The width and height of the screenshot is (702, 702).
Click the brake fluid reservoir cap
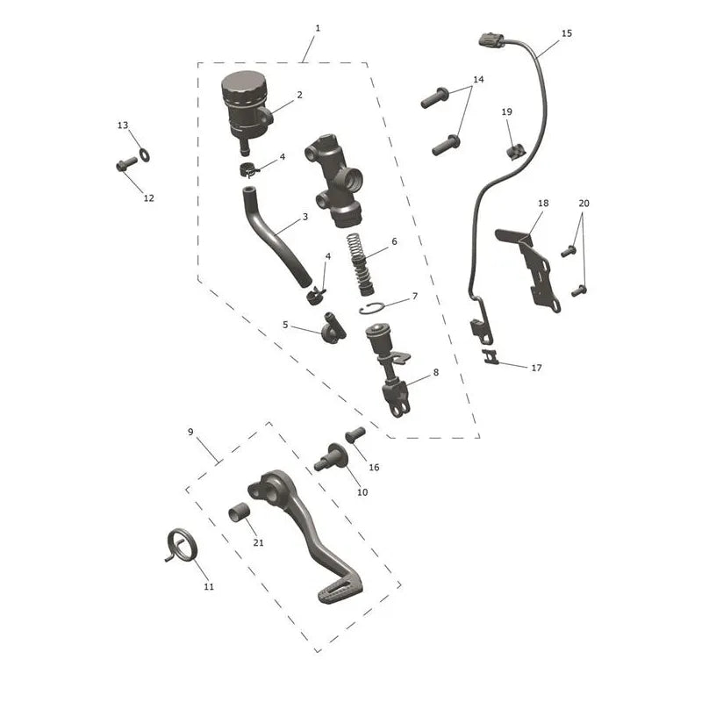[x=244, y=86]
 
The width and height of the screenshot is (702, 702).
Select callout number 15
[x=566, y=33]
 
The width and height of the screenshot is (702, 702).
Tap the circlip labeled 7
[x=371, y=308]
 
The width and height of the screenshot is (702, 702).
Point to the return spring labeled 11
[x=182, y=545]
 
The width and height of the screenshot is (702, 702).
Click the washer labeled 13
[x=145, y=155]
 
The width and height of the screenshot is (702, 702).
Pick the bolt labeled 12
[x=126, y=164]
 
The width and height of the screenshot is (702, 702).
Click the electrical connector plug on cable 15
[x=491, y=39]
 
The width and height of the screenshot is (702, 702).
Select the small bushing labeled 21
[x=238, y=512]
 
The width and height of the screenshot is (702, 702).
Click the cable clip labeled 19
[x=516, y=151]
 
